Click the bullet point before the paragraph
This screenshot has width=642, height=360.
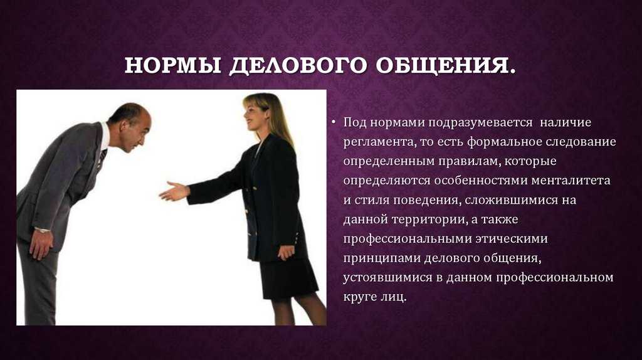click(334, 122)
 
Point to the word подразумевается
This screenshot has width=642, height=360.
click(480, 123)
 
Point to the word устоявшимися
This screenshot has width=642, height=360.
click(387, 277)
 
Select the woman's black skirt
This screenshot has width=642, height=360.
click(288, 277)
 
